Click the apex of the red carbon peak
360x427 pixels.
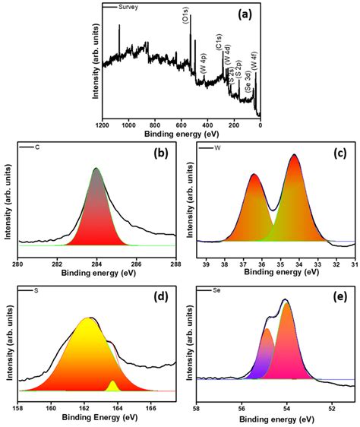[96, 169]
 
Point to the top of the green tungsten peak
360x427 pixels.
[294, 156]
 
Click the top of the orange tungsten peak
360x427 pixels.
[254, 176]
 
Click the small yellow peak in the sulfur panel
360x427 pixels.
[113, 385]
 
